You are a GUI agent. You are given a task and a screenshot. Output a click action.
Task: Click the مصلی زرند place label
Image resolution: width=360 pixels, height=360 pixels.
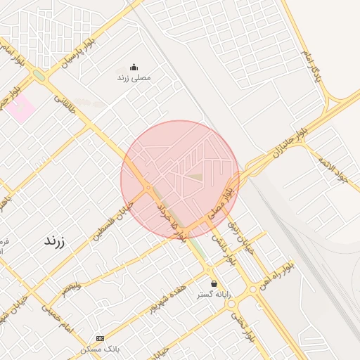coord(134,77)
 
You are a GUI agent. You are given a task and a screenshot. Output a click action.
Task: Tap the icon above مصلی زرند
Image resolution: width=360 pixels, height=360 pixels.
coord(134,67)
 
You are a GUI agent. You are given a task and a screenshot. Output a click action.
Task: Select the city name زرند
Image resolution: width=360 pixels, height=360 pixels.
coord(54,240)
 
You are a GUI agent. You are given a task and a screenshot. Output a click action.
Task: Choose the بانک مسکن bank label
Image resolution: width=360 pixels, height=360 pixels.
coord(97,349)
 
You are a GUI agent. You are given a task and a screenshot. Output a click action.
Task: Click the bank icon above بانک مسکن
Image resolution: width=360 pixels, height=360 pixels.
coord(99,338)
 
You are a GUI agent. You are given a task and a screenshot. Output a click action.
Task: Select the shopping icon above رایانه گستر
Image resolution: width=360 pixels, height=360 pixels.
coord(214,283)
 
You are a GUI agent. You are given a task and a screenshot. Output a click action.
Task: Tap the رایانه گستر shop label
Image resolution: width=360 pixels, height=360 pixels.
coord(214,294)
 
